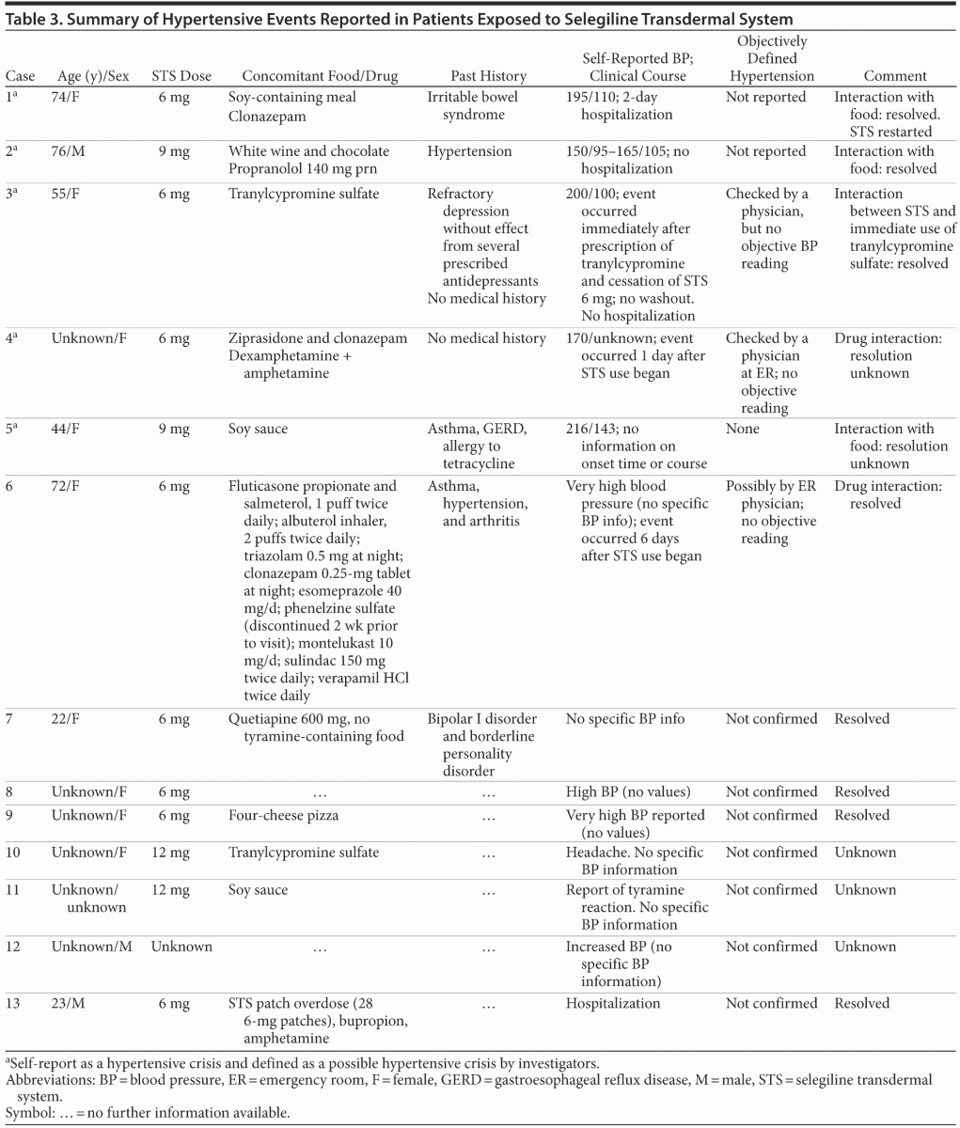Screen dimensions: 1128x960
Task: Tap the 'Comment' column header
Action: [x=894, y=75]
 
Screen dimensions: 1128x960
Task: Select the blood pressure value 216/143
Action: [x=595, y=429]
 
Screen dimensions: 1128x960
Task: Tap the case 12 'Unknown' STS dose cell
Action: [x=181, y=946]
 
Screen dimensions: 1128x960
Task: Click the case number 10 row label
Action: [x=14, y=853]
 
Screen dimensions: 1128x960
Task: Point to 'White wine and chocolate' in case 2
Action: [x=308, y=151]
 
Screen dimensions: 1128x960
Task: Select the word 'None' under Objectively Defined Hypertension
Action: [x=743, y=429]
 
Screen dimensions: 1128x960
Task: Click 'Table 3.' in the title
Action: [x=32, y=19]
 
